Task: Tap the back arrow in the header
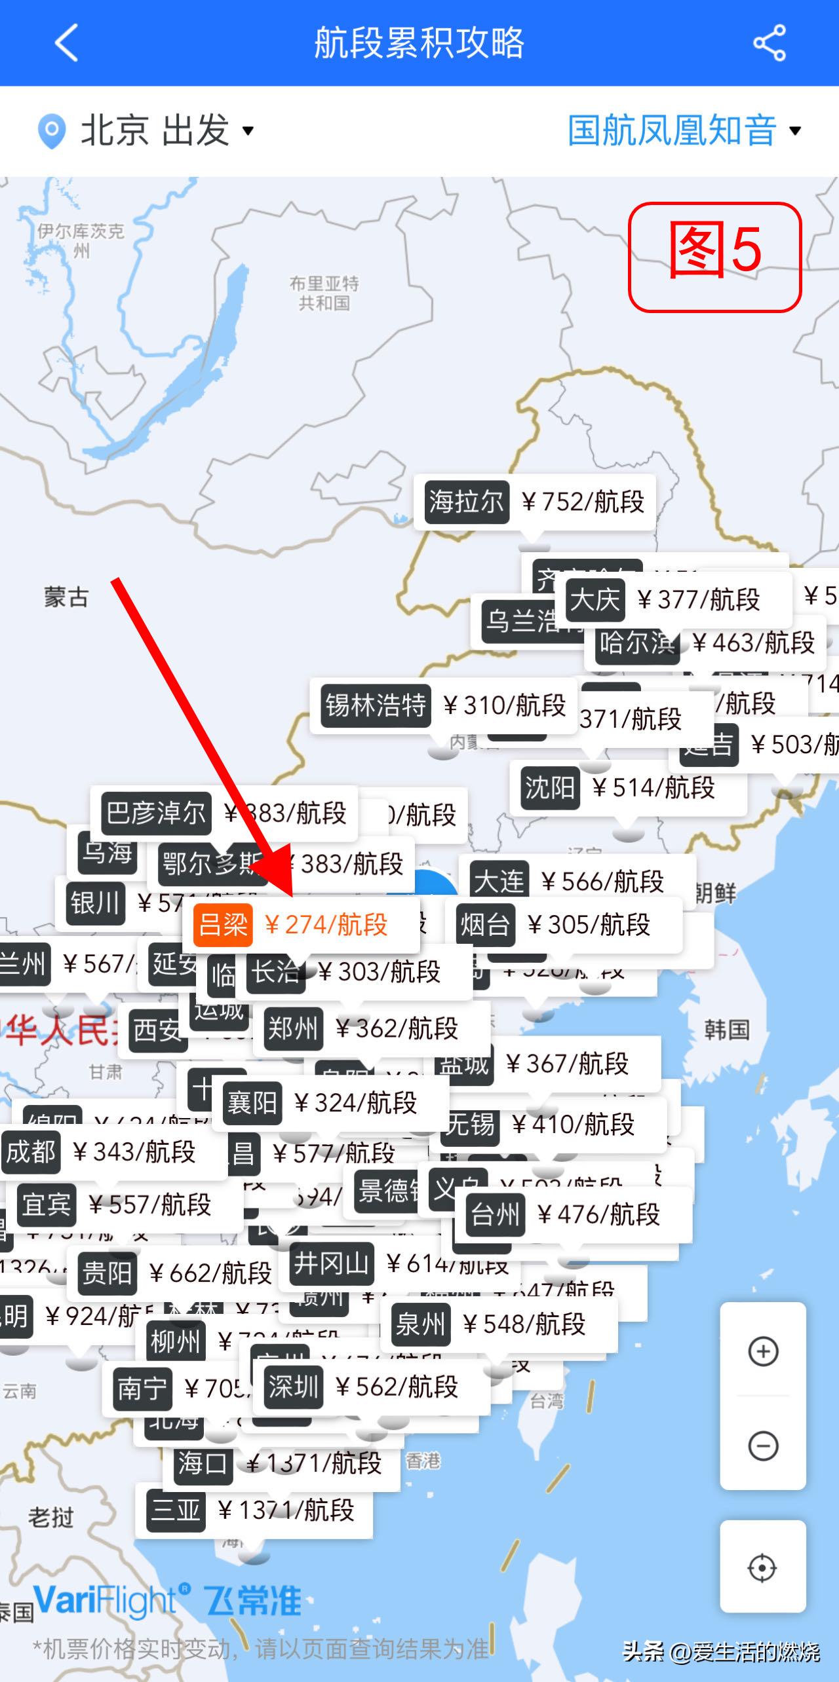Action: click(x=66, y=43)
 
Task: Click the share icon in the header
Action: click(x=770, y=43)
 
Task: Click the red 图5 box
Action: click(x=714, y=257)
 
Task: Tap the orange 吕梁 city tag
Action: click(x=223, y=925)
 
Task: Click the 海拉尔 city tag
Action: click(x=467, y=502)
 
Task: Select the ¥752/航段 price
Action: click(x=583, y=502)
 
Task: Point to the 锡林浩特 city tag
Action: click(x=376, y=705)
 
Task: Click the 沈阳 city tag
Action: click(x=550, y=787)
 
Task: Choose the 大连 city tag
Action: click(x=499, y=881)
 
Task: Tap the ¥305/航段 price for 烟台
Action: click(x=588, y=925)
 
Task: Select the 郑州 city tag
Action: click(x=293, y=1028)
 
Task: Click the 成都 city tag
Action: click(x=31, y=1151)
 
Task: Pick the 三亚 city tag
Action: click(x=176, y=1510)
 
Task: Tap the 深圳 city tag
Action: click(x=293, y=1387)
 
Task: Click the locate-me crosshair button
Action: click(x=762, y=1567)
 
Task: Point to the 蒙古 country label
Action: click(x=66, y=597)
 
